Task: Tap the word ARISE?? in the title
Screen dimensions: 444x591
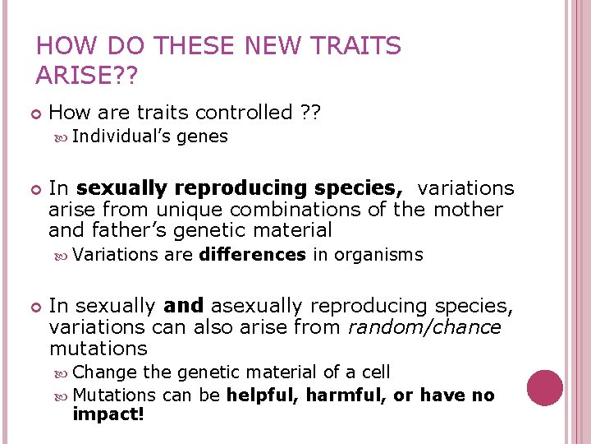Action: click(88, 76)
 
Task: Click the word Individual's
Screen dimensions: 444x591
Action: click(122, 136)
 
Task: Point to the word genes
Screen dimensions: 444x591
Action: click(202, 136)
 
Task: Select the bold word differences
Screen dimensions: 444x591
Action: click(252, 255)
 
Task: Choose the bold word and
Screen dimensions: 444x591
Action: click(183, 306)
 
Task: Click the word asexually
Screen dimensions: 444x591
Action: click(257, 306)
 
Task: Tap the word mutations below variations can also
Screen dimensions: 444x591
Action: click(98, 349)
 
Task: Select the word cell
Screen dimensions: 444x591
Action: click(374, 372)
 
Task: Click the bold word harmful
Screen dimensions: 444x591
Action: click(349, 395)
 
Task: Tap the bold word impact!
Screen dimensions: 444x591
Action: click(108, 415)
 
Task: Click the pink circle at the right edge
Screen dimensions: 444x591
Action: click(544, 388)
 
